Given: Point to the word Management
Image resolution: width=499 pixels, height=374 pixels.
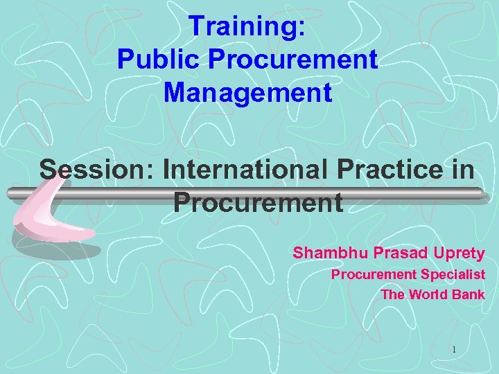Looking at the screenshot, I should pyautogui.click(x=248, y=92).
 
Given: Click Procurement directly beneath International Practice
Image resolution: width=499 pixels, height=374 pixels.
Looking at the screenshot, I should pyautogui.click(x=258, y=202).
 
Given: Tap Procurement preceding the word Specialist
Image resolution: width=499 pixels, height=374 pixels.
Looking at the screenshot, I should pyautogui.click(x=374, y=275).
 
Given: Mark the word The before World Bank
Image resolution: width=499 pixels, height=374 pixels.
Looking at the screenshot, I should pyautogui.click(x=392, y=294).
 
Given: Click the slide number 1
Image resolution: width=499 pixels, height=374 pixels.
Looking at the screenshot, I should pyautogui.click(x=454, y=350).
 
